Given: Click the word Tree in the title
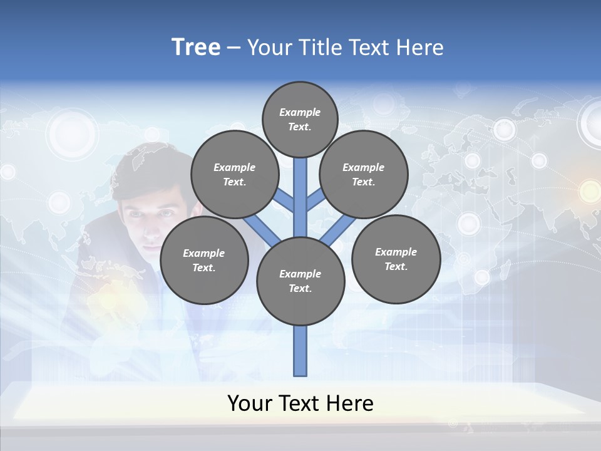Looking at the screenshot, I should (196, 47).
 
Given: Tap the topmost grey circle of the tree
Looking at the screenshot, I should (300, 119).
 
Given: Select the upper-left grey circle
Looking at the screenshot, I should (235, 174).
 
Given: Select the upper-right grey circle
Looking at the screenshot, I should (363, 174).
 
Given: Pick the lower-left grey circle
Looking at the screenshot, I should (204, 260).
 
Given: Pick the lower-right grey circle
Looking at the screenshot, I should (396, 259).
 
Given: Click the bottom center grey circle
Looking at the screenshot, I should (300, 281).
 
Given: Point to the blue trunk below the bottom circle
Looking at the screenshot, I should (300, 351).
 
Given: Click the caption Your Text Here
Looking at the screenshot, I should (300, 403).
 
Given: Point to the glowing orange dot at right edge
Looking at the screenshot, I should (590, 190).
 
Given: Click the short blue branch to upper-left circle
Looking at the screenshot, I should (285, 200).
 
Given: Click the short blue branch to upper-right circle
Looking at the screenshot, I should (315, 200).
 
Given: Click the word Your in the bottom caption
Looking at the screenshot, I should (250, 403).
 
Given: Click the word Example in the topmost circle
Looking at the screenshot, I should (300, 112).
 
